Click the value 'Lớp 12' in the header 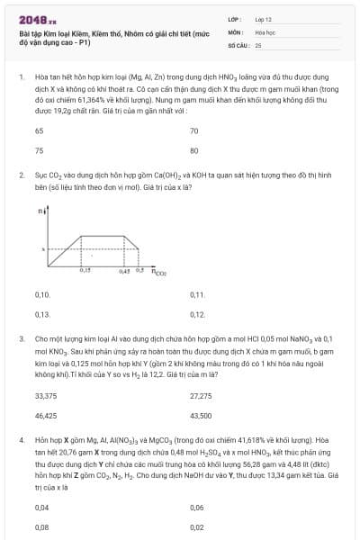(264, 19)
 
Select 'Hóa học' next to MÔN (265, 31)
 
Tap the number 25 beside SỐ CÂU (258, 44)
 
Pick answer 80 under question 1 (194, 150)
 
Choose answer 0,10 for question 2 (41, 294)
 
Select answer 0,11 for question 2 (197, 294)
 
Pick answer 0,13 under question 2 (41, 314)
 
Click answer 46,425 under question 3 (45, 416)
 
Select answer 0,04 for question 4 (41, 508)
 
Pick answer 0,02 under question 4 (197, 527)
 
